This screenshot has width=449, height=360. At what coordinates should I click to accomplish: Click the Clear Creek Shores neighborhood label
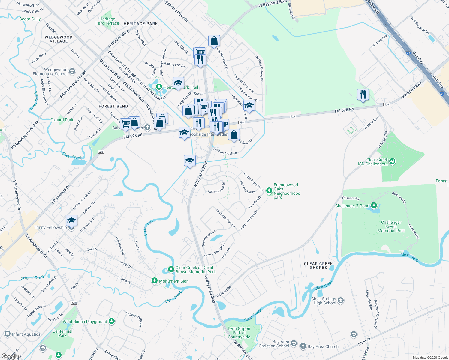point(318,265)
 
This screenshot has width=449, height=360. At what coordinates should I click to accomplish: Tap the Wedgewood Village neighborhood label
point(59,39)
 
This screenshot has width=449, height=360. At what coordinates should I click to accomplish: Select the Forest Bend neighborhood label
point(113,106)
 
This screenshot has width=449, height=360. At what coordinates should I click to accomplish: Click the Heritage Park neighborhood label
point(141,24)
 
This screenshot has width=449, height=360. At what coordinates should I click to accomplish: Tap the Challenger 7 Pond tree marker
point(374,205)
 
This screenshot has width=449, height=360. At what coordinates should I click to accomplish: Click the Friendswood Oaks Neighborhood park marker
point(269,190)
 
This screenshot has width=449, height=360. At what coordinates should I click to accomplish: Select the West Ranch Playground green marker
point(112,321)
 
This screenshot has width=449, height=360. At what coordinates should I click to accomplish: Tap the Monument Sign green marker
point(154,281)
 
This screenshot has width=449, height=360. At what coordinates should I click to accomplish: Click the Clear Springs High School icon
point(340,300)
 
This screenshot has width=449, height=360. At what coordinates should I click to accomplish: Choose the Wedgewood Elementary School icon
point(72,71)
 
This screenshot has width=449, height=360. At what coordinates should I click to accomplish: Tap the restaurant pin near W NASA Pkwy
point(363,94)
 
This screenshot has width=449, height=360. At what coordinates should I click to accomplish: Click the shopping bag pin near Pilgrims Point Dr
point(214,41)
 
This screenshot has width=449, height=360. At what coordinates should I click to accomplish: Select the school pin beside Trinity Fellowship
point(71,221)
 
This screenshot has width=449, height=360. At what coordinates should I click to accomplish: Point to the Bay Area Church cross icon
point(303,346)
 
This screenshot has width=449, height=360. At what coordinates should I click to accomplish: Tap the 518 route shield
point(74,303)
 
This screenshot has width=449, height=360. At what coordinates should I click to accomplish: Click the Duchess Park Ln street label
point(225,218)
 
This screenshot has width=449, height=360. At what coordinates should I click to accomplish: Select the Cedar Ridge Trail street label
point(253,182)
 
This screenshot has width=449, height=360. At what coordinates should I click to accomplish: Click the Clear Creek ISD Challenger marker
point(392,162)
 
